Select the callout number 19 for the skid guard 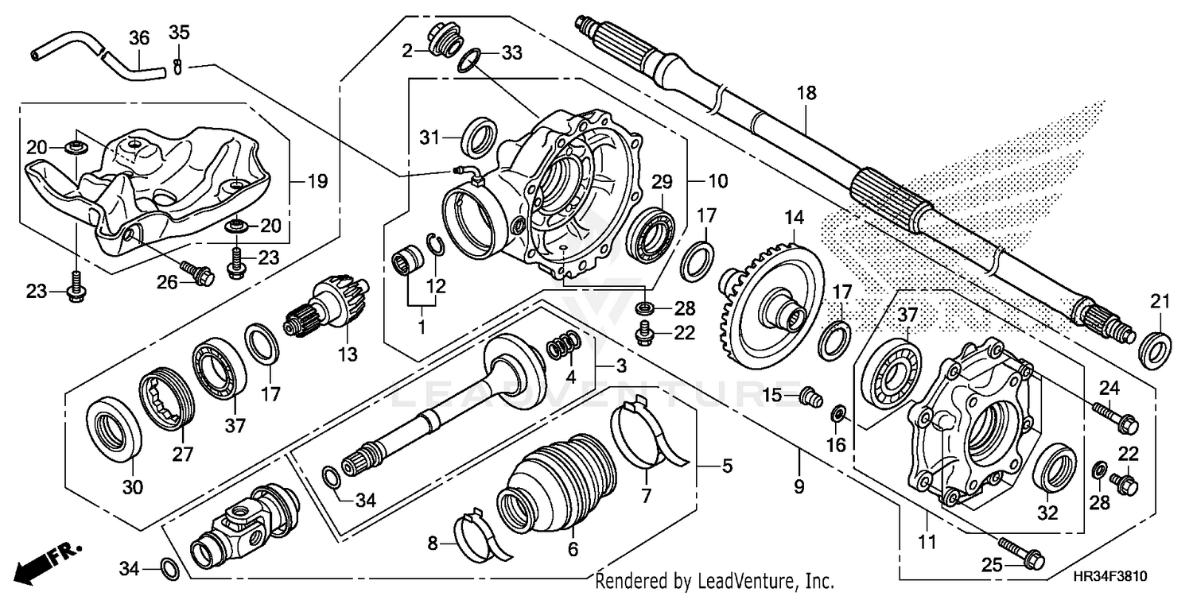click(317, 182)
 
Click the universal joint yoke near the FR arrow click(243, 528)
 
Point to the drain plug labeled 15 click(809, 394)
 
